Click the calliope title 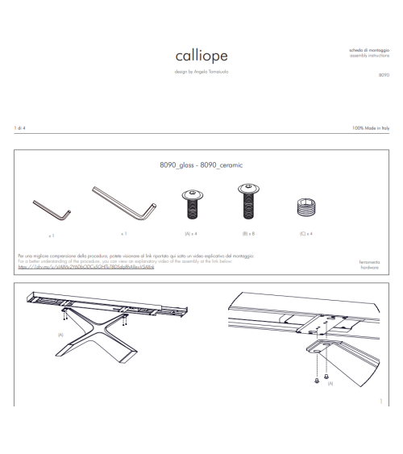201,56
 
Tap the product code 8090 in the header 384,74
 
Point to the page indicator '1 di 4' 20,128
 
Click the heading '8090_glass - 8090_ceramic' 201,164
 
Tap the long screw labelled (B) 247,202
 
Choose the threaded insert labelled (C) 305,207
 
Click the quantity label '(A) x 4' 191,233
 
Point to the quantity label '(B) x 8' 247,233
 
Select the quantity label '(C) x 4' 305,233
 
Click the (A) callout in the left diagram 60,333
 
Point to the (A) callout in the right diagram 330,384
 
